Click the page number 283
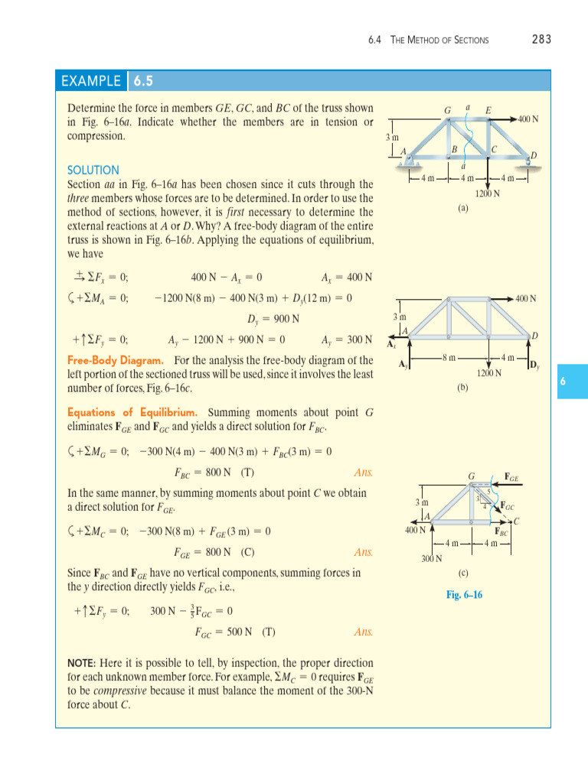(541, 39)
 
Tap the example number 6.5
(143, 81)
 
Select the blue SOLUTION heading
(93, 170)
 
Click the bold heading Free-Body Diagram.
(115, 360)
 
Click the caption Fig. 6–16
(465, 594)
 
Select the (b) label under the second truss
(462, 387)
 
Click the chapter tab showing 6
(562, 381)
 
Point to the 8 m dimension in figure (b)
(450, 357)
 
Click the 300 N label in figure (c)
(433, 559)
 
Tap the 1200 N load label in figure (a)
(487, 193)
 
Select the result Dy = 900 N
(273, 318)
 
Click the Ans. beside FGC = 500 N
(364, 632)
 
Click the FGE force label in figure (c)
(511, 478)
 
